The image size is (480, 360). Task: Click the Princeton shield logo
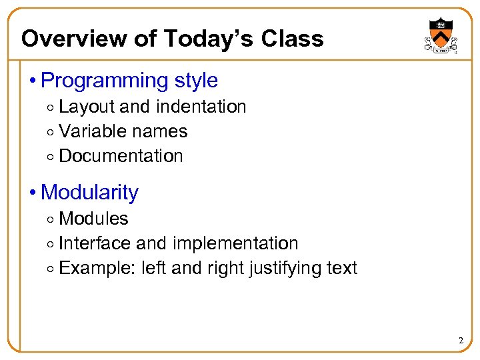(x=440, y=37)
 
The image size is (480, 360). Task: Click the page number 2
(x=460, y=341)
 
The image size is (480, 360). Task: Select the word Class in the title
(x=293, y=39)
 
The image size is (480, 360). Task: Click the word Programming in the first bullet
(x=105, y=81)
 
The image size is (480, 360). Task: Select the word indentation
(x=201, y=107)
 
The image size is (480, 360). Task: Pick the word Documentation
(x=121, y=156)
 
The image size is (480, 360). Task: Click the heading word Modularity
(x=89, y=193)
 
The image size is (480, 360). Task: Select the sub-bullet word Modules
(x=93, y=219)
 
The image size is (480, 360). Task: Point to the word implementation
(x=235, y=243)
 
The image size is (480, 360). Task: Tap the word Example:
(x=98, y=268)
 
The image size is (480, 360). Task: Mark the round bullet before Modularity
(x=33, y=193)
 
